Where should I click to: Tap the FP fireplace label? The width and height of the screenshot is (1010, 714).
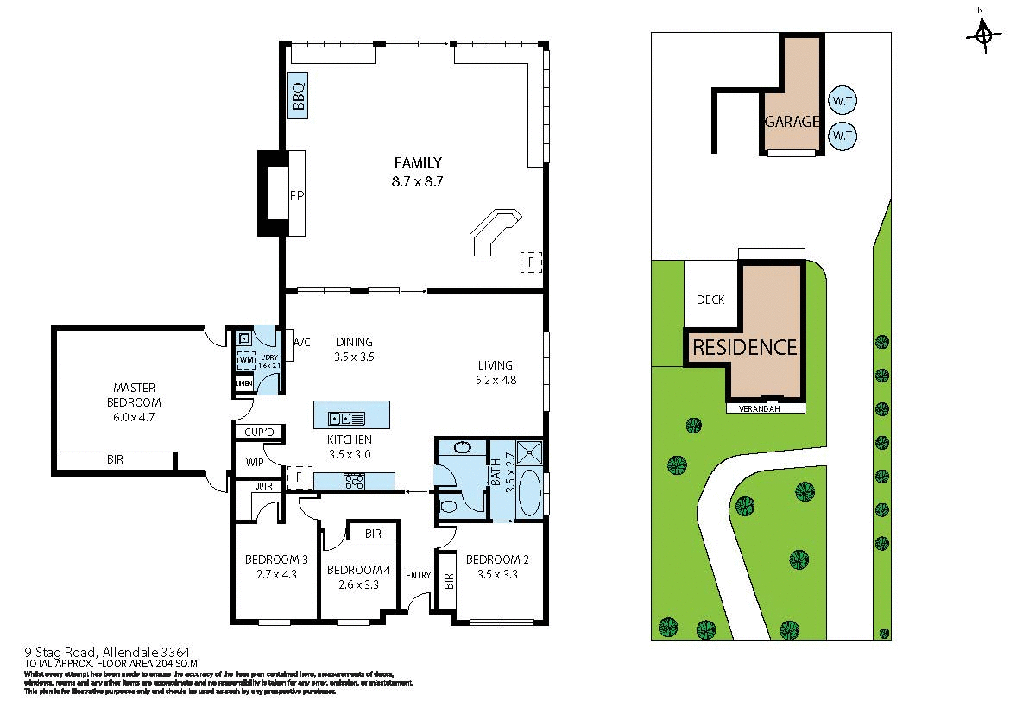click(x=296, y=194)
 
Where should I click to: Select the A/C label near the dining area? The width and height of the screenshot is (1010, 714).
click(x=301, y=343)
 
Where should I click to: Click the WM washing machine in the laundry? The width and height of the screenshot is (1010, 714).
click(x=245, y=358)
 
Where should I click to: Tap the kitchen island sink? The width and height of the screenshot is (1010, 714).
click(x=346, y=419)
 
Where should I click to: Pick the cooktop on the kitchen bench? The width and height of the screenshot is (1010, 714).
click(x=354, y=481)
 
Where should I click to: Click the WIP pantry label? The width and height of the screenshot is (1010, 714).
click(x=254, y=463)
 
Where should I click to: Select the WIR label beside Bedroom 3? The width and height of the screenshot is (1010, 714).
click(x=262, y=488)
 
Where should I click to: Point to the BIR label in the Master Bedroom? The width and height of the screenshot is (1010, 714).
click(x=115, y=460)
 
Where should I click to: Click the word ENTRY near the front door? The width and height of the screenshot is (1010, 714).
click(x=419, y=576)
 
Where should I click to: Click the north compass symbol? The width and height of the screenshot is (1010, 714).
click(x=982, y=35)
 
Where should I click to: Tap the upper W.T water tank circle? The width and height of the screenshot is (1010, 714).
click(x=842, y=100)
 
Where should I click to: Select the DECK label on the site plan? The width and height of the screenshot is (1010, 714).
click(x=710, y=300)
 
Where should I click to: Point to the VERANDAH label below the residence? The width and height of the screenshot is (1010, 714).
click(x=759, y=408)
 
